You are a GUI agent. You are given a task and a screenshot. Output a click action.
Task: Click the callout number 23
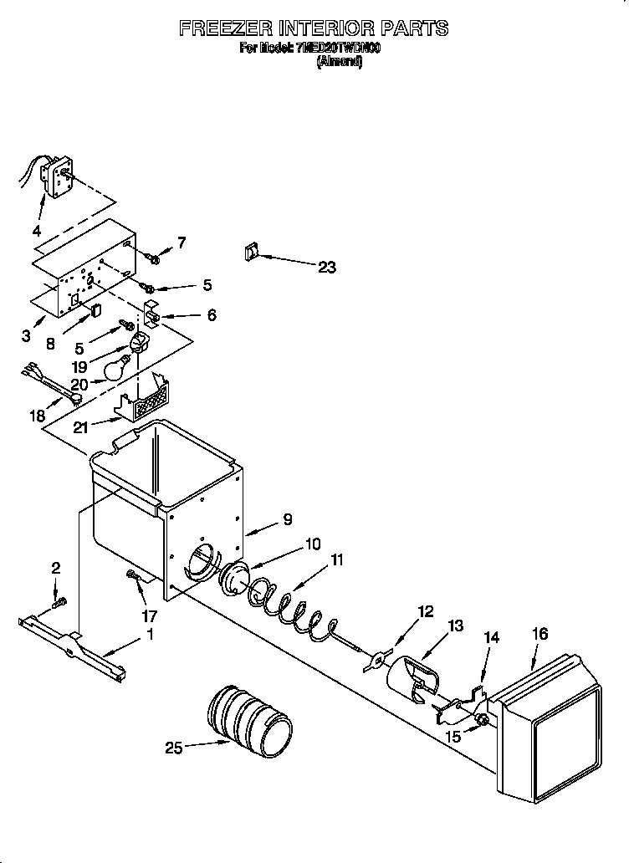[326, 268]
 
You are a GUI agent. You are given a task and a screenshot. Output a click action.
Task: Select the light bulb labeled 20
[115, 364]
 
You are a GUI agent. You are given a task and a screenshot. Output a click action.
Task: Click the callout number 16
[540, 634]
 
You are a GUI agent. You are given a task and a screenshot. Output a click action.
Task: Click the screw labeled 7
[152, 255]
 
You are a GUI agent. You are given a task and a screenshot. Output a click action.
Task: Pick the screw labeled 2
[58, 601]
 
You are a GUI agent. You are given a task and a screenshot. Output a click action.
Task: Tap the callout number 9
[287, 519]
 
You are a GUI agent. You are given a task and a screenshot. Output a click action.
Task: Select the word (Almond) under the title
[339, 63]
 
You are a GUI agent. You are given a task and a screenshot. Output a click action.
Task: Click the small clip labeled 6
[151, 315]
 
